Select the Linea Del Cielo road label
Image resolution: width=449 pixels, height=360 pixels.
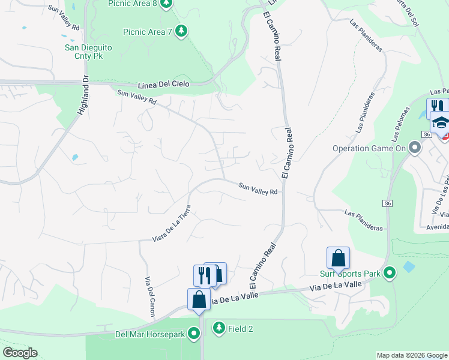163,85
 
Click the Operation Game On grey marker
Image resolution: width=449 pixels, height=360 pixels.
414,148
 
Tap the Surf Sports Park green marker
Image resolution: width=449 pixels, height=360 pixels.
390,274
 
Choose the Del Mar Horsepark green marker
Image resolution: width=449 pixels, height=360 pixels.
194,333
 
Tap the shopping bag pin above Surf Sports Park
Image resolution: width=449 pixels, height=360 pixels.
338,258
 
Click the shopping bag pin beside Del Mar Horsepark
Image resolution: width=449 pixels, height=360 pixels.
199,299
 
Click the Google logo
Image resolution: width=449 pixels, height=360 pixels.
19,353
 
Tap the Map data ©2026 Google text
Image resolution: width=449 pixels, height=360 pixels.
412,355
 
